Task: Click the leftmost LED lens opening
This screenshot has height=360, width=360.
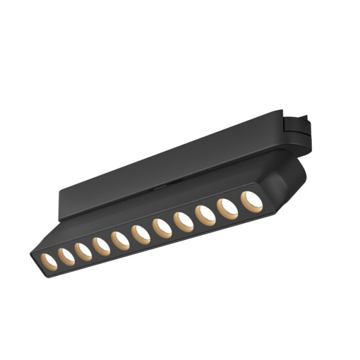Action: [49, 260]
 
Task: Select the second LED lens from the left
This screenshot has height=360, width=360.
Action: [66, 255]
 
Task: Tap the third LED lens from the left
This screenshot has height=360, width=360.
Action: [83, 250]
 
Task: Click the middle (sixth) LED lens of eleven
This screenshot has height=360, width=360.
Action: [140, 234]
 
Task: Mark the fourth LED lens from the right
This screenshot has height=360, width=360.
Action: [183, 222]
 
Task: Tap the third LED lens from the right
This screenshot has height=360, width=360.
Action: [205, 215]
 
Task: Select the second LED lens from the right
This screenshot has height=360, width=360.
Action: [227, 208]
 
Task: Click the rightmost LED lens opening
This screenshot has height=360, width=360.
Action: [251, 201]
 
